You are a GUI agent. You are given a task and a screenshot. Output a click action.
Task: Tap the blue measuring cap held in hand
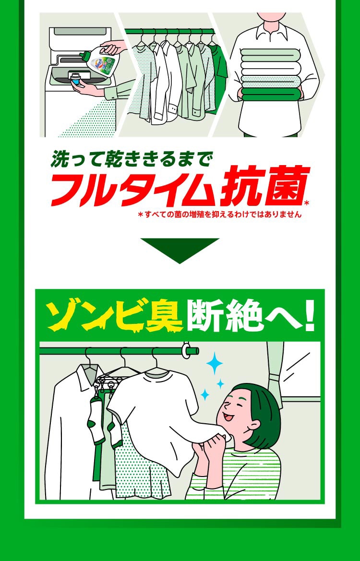coord(75,79)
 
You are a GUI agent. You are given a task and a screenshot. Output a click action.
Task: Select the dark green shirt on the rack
coord(219,77)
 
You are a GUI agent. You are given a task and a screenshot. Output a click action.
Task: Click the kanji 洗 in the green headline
coord(60,159)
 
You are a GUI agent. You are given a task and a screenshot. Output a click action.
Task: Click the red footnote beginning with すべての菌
coord(220,215)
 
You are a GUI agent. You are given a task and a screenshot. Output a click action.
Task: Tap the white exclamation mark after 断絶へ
coord(309,315)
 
